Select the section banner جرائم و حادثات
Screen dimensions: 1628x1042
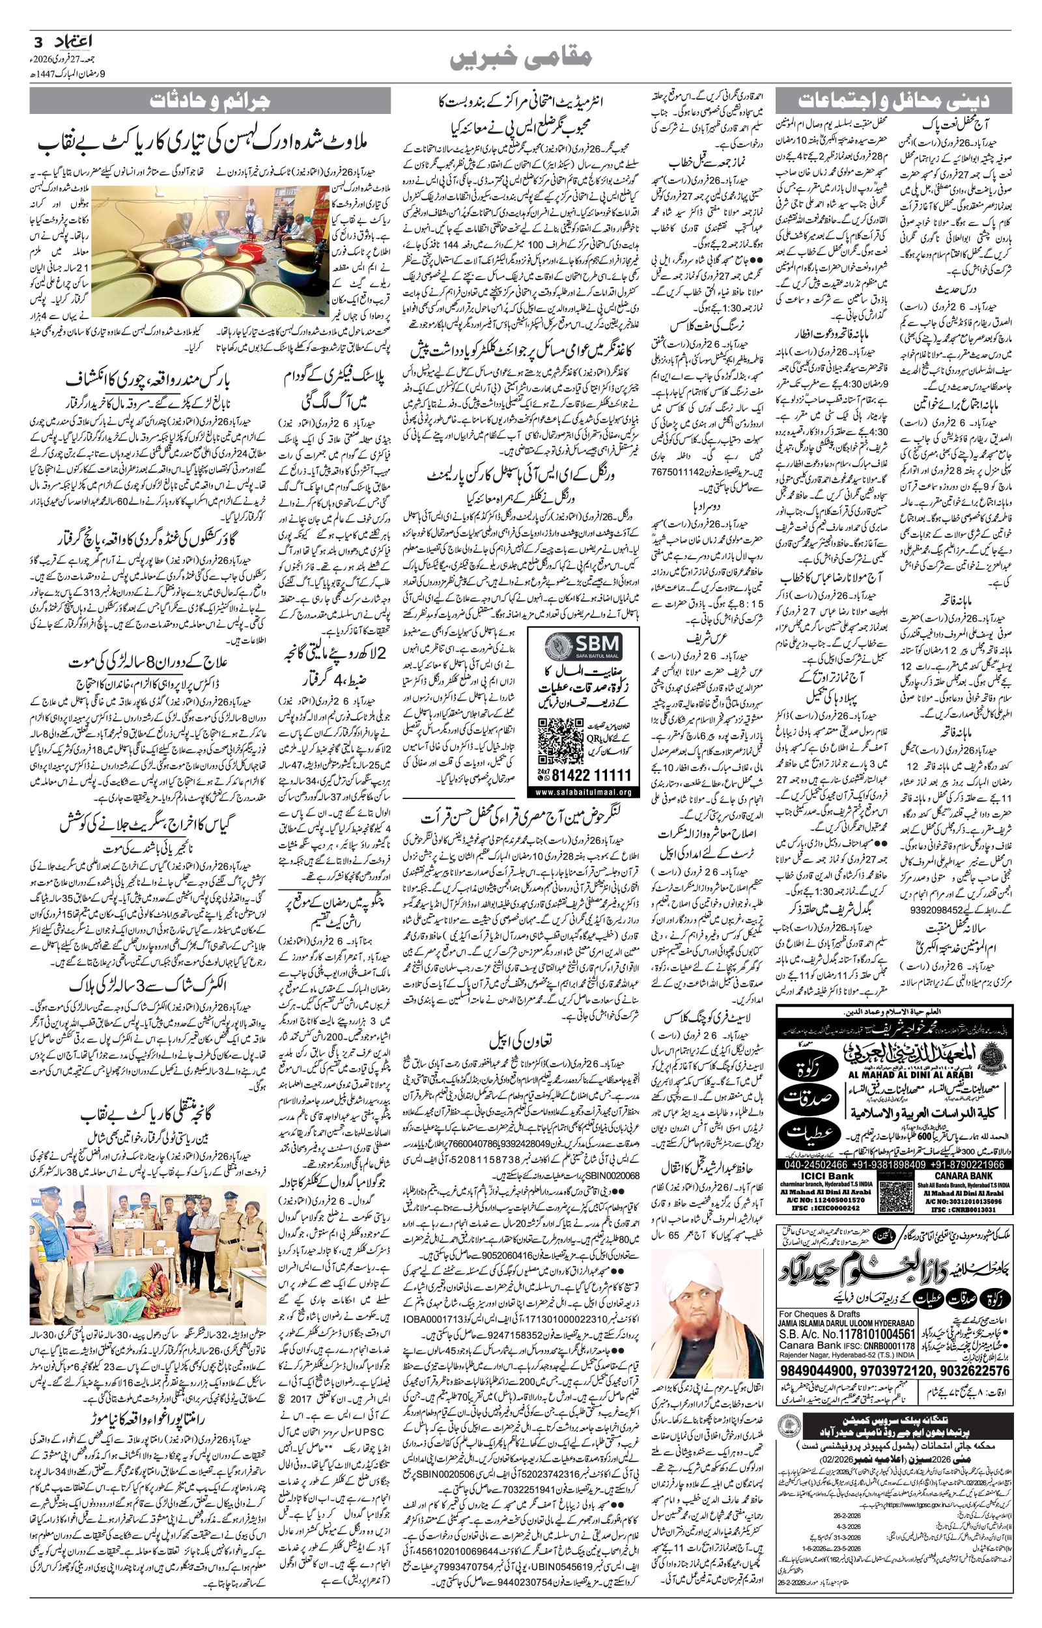[x=210, y=102]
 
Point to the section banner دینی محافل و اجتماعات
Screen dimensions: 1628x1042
[x=893, y=102]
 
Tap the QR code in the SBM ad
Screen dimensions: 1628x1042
[x=560, y=740]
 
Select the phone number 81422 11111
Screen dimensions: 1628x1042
[x=591, y=775]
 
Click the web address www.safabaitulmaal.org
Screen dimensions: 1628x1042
[x=583, y=791]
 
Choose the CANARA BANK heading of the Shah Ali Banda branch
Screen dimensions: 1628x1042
[x=963, y=1175]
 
